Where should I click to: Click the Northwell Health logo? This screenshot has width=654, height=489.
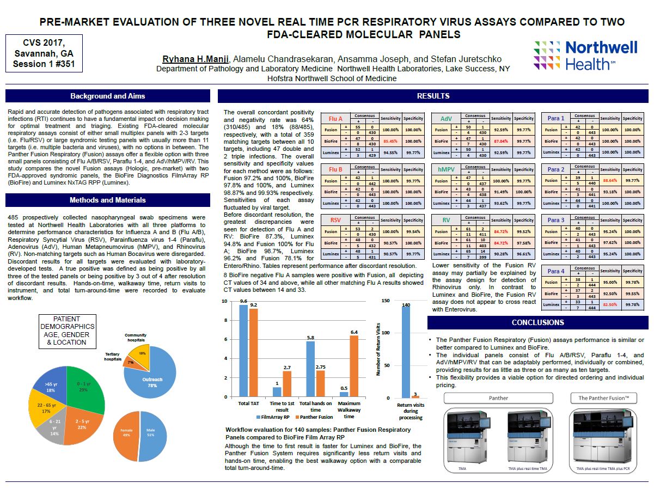point(585,55)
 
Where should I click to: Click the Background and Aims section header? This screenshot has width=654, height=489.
point(107,96)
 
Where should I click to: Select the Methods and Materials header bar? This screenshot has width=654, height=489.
point(107,200)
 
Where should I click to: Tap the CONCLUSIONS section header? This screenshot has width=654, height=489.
point(537,322)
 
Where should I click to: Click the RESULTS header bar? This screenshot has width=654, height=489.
point(433,96)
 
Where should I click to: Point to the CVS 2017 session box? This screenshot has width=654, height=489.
point(44,53)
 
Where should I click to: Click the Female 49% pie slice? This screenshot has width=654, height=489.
point(127,433)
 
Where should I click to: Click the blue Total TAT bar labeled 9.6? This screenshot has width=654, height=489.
point(243,351)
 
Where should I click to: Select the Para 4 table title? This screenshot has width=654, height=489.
point(555,271)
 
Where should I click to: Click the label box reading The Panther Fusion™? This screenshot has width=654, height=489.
point(603,398)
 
